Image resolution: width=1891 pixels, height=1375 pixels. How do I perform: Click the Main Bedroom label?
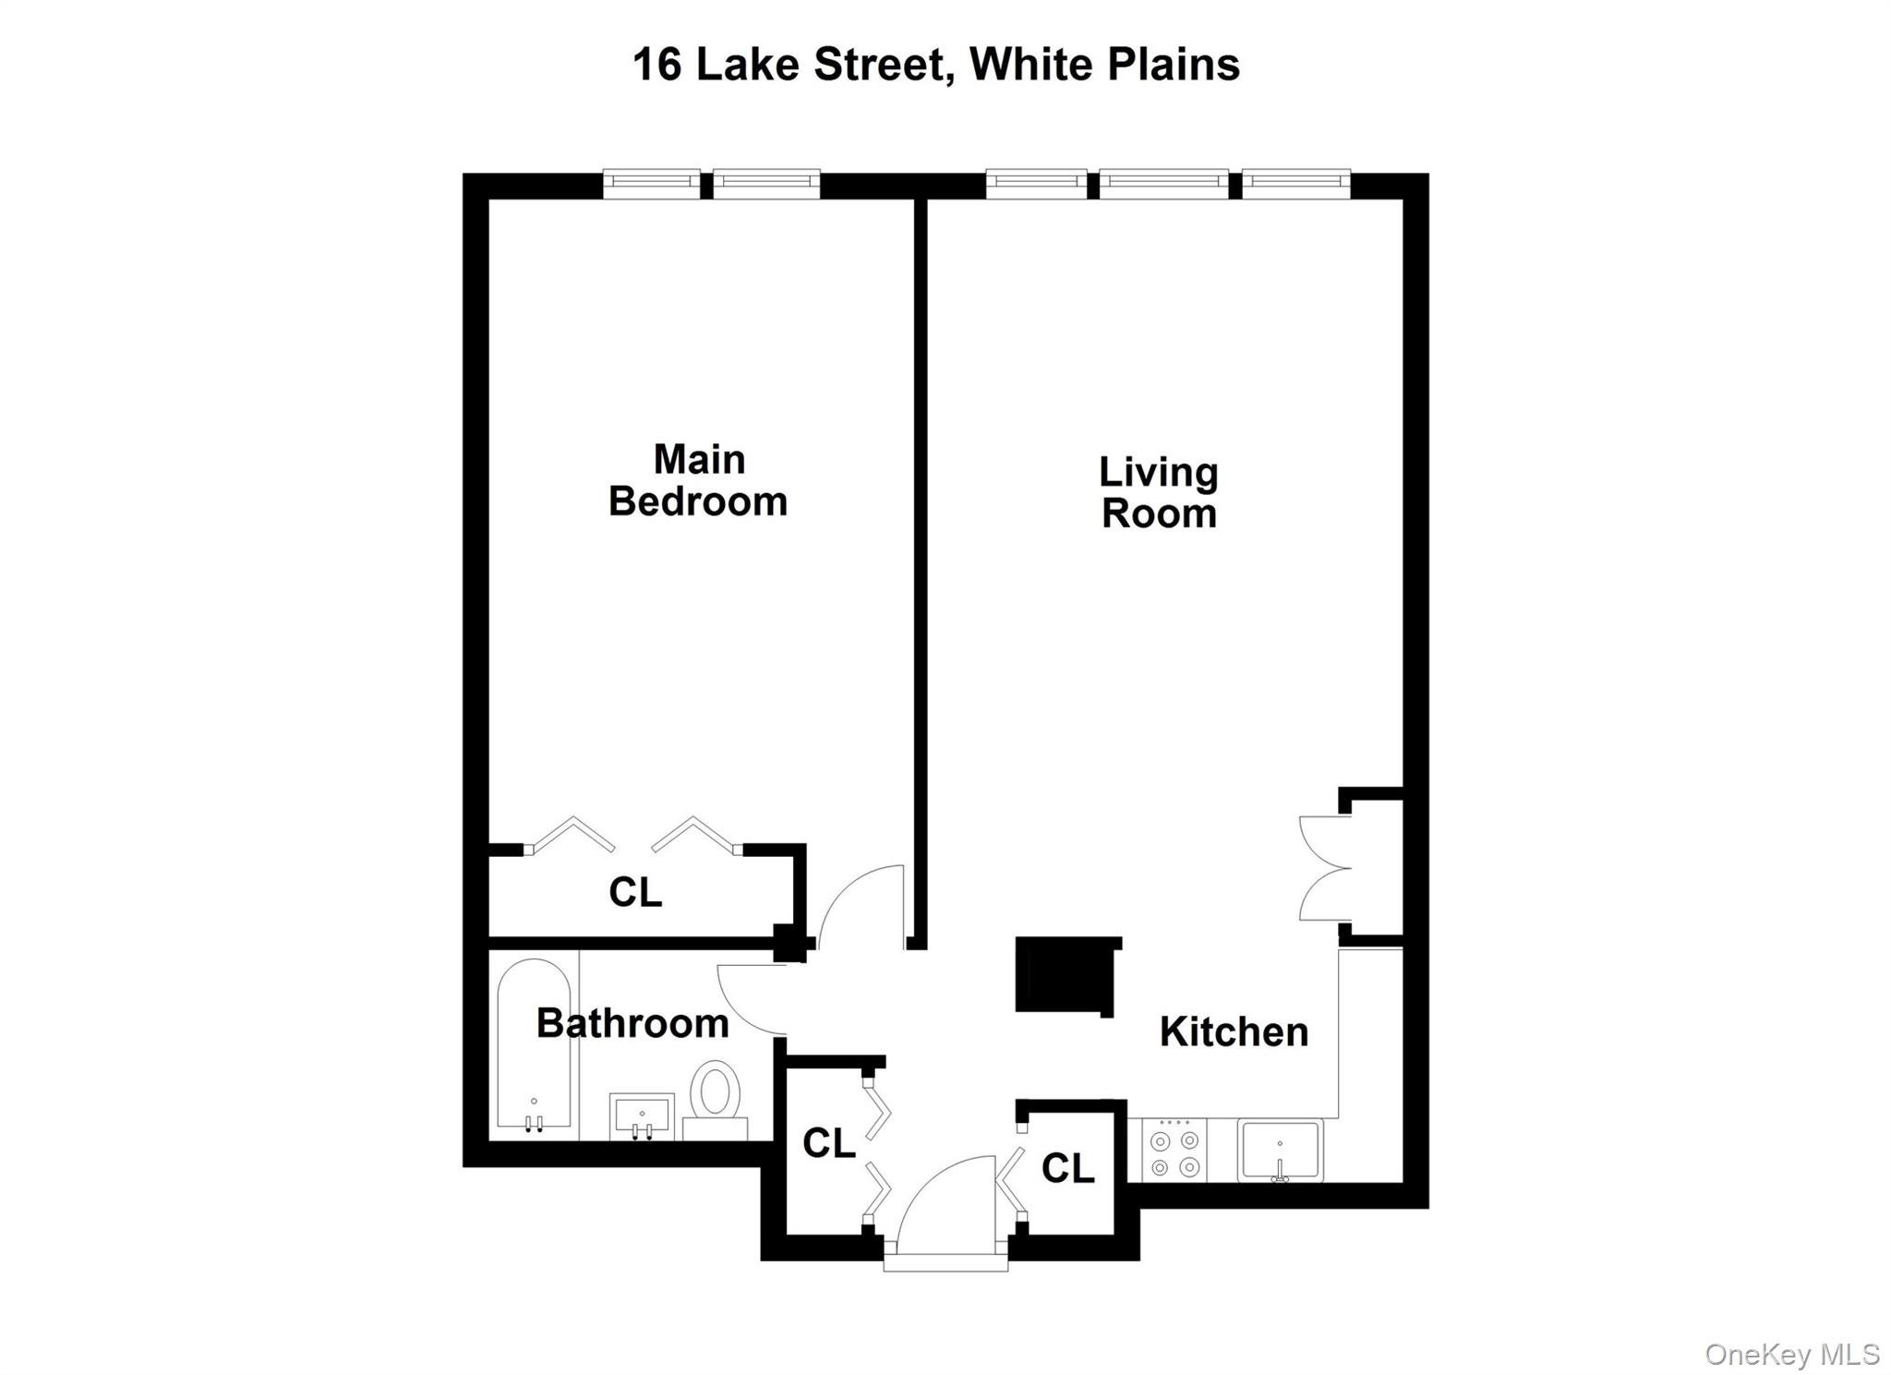point(698,480)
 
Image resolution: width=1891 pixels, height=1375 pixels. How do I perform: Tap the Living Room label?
point(1159,492)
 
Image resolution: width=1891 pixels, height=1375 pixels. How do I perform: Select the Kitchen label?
point(1234,1031)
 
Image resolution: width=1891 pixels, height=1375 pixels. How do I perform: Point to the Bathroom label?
point(632,1023)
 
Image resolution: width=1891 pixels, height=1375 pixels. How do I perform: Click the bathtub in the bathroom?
point(534,1043)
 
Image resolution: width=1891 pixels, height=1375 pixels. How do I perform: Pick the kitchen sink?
point(1280,1151)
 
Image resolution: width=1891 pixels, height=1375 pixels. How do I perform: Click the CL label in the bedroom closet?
point(635,892)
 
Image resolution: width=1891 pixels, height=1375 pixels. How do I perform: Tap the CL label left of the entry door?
point(828,1143)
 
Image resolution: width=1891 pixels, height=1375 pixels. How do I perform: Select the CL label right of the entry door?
point(1067,1168)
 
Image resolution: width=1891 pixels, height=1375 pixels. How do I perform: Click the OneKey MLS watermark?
point(1791,1354)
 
